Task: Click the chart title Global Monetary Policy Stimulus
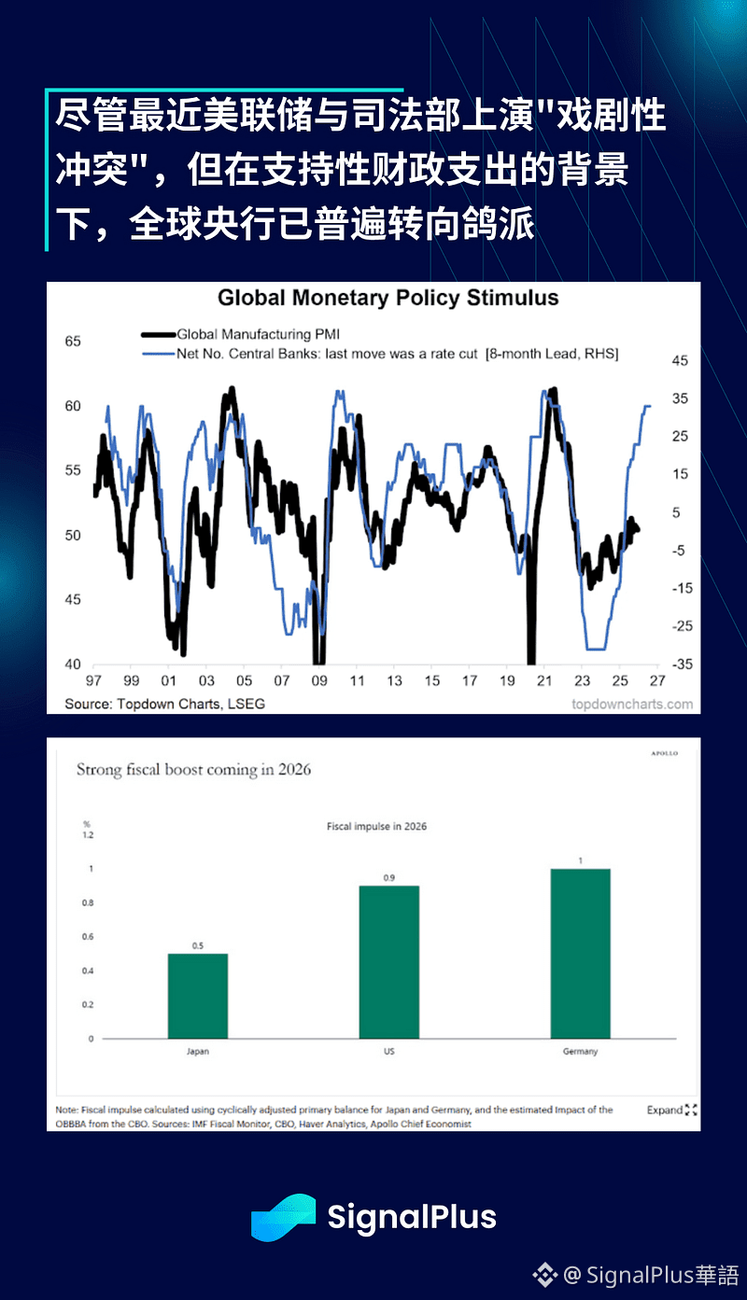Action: (x=388, y=299)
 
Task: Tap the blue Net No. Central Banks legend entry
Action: (x=397, y=354)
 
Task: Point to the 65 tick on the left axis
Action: (x=73, y=342)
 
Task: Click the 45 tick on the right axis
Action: (x=680, y=360)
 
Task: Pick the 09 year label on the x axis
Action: (x=319, y=681)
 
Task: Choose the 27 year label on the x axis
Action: (x=657, y=681)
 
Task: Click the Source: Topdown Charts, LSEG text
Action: (x=164, y=704)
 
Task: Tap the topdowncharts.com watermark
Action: (x=632, y=704)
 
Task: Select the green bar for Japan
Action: (x=197, y=996)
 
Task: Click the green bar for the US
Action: (x=388, y=961)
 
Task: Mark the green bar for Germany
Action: (x=580, y=953)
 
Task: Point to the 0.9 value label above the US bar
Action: (x=388, y=878)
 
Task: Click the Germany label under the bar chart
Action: (x=580, y=1051)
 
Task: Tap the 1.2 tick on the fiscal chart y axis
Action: (x=88, y=835)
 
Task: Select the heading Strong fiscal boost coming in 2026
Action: (x=193, y=770)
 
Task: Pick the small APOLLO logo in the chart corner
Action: (x=664, y=753)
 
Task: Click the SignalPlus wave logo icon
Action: (x=283, y=1218)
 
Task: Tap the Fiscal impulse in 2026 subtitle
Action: (x=376, y=827)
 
